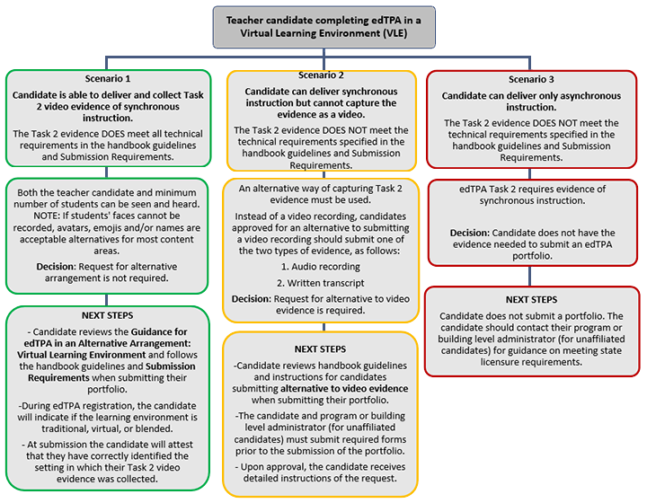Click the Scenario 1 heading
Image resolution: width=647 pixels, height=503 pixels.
tap(108, 79)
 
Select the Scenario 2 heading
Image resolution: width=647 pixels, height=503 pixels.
tap(320, 75)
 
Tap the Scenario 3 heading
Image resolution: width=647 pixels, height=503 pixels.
tap(533, 79)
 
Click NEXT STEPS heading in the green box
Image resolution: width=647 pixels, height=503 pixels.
tap(108, 315)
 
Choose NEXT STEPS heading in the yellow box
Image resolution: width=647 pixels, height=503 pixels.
tap(320, 348)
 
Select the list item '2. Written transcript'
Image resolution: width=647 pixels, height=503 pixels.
tap(322, 282)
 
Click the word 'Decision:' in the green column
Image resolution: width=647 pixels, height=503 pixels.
tap(61, 267)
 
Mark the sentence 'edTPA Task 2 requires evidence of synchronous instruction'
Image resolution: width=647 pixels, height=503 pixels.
tap(533, 195)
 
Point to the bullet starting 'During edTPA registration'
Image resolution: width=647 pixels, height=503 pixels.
tap(108, 419)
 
